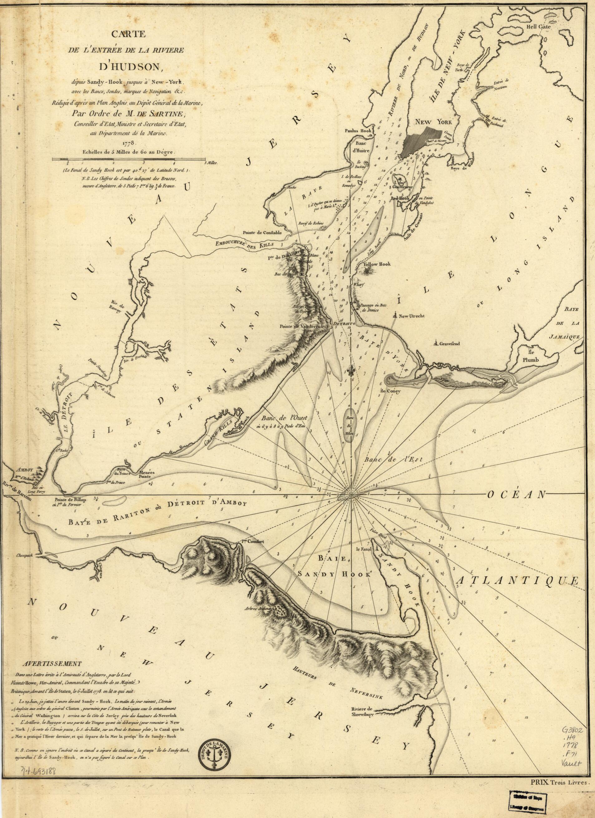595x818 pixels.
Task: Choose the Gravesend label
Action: click(449, 344)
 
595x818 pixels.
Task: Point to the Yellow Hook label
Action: click(377, 264)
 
